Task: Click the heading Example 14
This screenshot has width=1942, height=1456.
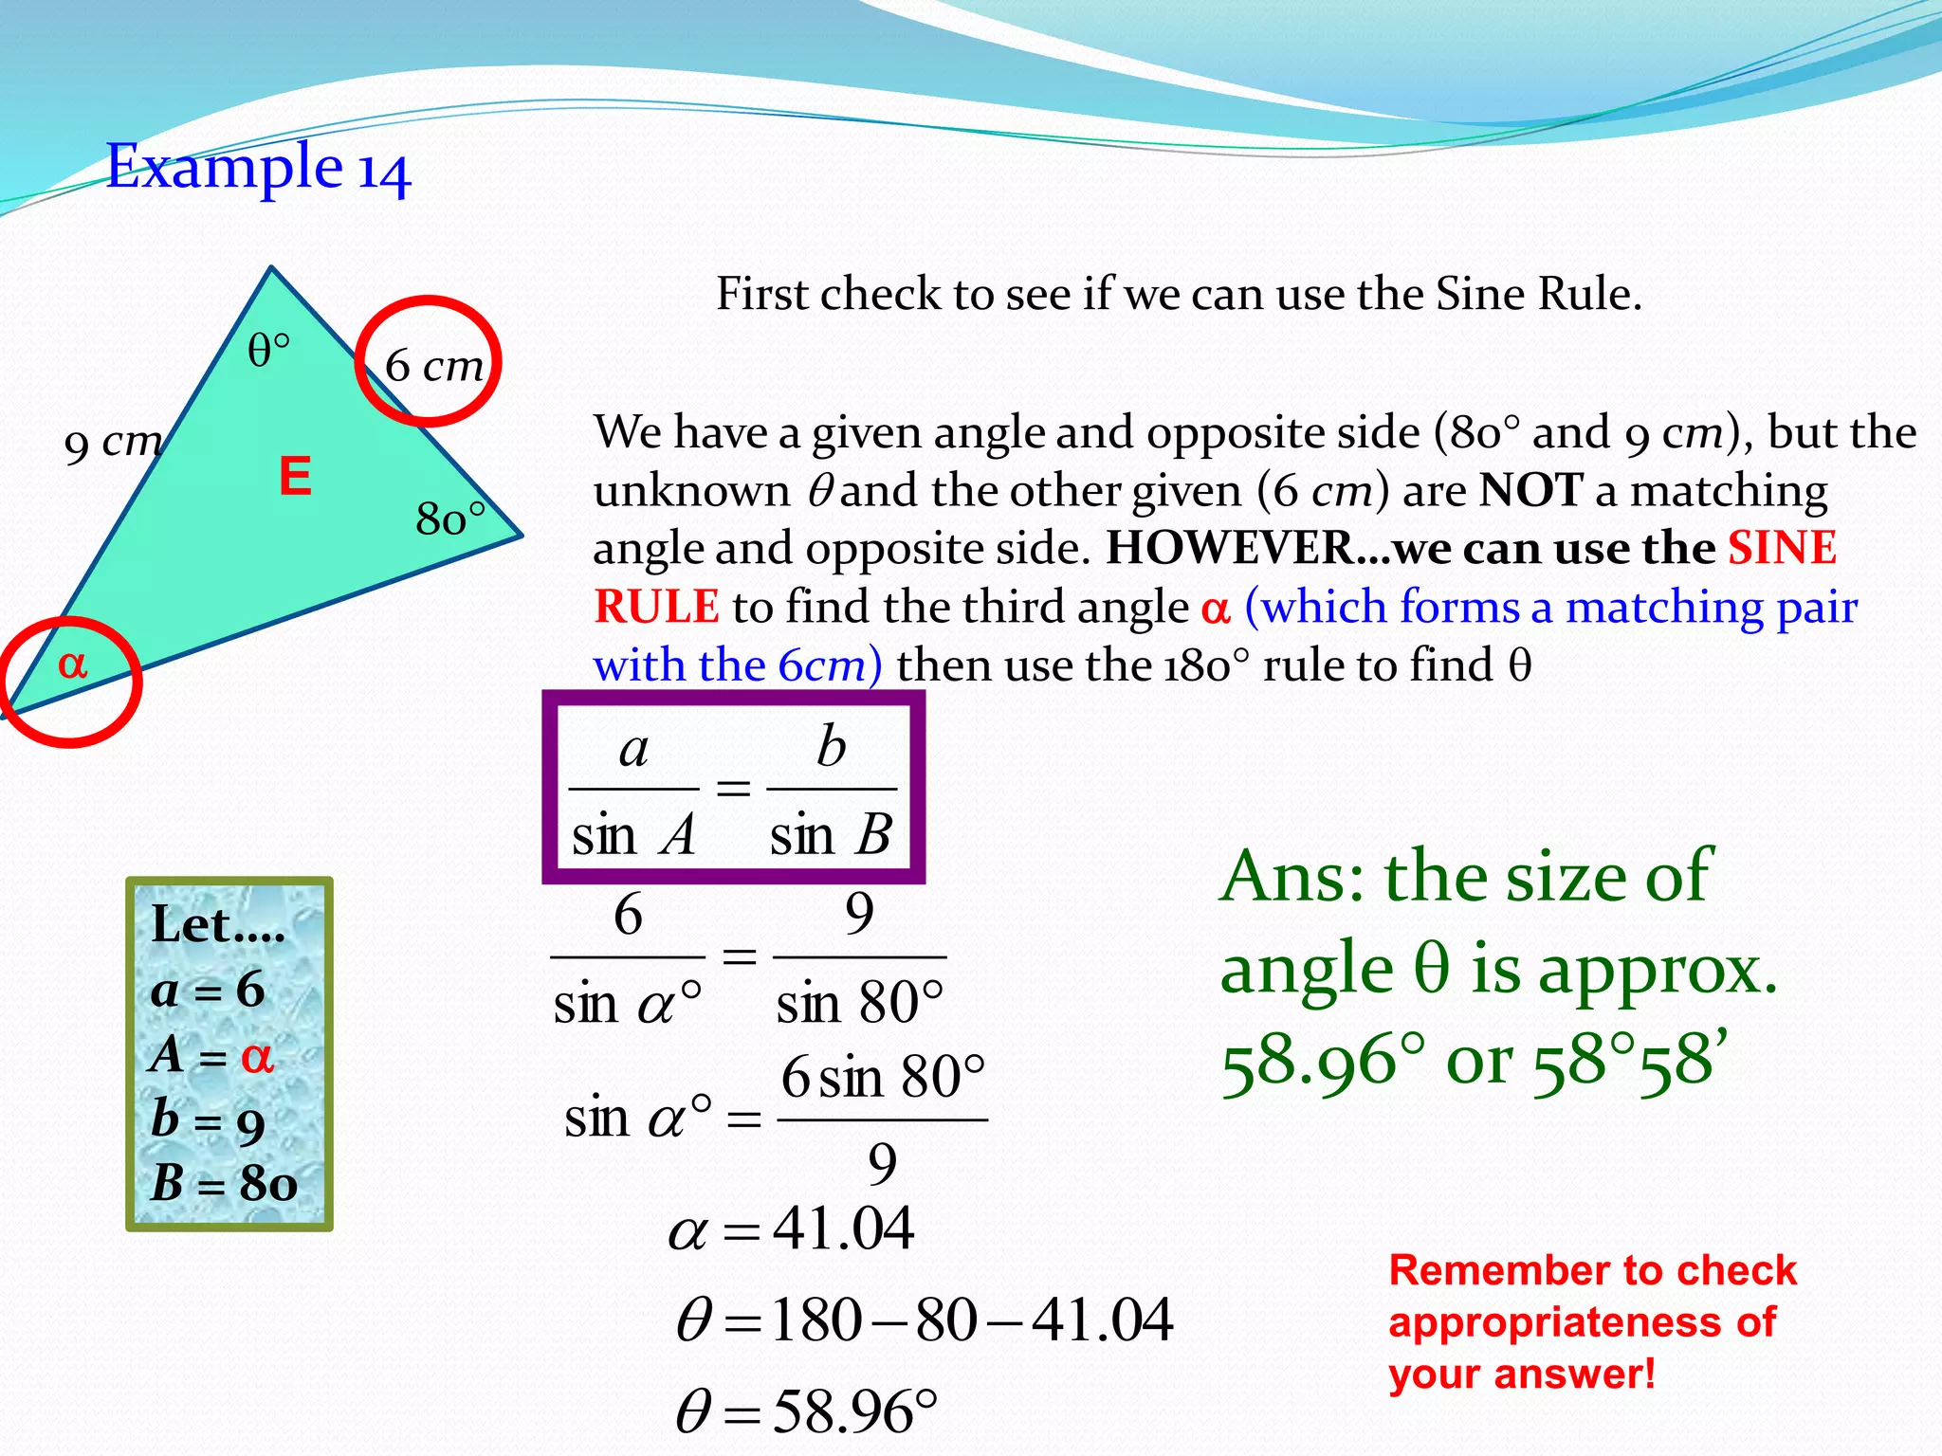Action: (x=258, y=168)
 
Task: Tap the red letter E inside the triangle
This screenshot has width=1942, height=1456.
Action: (x=295, y=476)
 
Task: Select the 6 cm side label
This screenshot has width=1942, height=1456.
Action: (x=434, y=366)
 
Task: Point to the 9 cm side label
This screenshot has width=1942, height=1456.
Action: (x=113, y=444)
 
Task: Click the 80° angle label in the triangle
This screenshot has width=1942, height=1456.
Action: (x=450, y=519)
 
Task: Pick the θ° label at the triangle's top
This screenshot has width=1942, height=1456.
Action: (x=268, y=351)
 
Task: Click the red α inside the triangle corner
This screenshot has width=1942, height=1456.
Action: (x=72, y=664)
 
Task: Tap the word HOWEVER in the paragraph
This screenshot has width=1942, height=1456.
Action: (x=1230, y=548)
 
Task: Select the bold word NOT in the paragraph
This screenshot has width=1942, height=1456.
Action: (x=1530, y=490)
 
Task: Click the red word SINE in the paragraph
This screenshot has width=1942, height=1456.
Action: (x=1782, y=548)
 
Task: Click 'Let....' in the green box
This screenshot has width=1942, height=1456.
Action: (x=218, y=924)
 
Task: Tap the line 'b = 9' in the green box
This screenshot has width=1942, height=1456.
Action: (x=208, y=1120)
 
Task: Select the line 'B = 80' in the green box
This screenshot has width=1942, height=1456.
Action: (x=224, y=1183)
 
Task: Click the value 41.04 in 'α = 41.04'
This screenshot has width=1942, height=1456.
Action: (x=843, y=1228)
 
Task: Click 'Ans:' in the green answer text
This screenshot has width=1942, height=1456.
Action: (x=1293, y=876)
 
